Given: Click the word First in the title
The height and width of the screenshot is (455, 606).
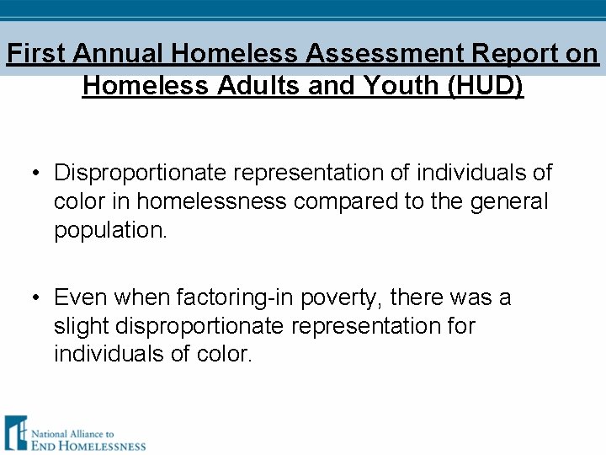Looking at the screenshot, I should pos(36,54).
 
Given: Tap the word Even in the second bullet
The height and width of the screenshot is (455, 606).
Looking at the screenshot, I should pos(81,298).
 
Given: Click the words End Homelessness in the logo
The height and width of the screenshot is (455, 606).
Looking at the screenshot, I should pos(88,443).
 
